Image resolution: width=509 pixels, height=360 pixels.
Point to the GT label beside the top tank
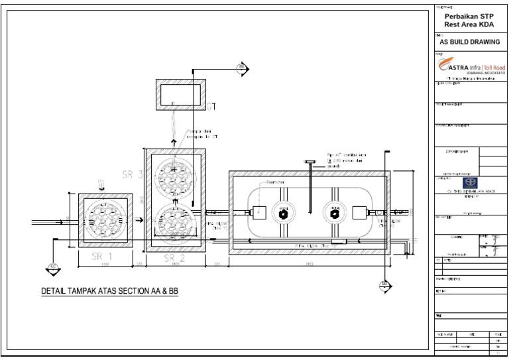pyautogui.click(x=211, y=105)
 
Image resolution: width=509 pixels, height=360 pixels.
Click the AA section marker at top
pyautogui.click(x=243, y=68)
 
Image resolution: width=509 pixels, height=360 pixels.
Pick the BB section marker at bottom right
pyautogui.click(x=385, y=285)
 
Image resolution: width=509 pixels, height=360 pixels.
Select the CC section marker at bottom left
pyautogui.click(x=52, y=268)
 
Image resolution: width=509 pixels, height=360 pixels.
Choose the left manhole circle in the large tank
pyautogui.click(x=283, y=213)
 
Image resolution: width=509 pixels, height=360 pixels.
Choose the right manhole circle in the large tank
pyautogui.click(x=334, y=213)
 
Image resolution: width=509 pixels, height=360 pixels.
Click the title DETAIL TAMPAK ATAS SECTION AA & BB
pyautogui.click(x=111, y=291)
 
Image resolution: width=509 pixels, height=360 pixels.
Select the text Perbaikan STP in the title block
pyautogui.click(x=468, y=16)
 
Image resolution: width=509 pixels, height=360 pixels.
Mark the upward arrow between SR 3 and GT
pyautogui.click(x=174, y=141)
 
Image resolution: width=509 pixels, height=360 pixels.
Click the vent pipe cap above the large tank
pyautogui.click(x=309, y=162)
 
